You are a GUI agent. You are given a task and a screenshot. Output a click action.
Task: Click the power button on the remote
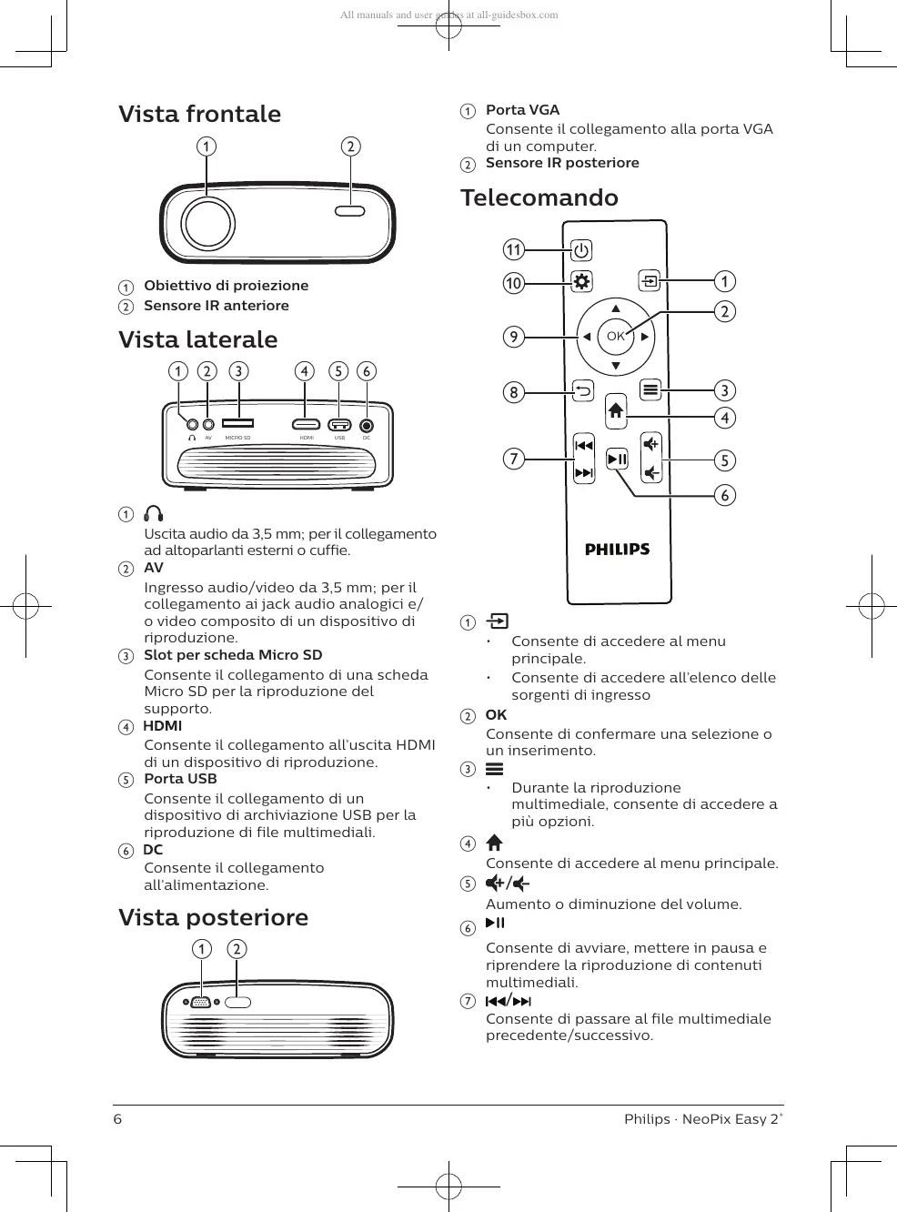coord(581,250)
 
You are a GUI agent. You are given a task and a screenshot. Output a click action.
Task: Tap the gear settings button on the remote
coord(581,281)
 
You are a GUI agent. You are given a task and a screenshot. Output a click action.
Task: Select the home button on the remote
coord(616,410)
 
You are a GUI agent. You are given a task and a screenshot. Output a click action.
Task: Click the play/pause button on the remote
coord(617,460)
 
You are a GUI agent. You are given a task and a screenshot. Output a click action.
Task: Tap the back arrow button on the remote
coord(582,391)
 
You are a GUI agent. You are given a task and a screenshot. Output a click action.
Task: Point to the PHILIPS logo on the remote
coord(617,549)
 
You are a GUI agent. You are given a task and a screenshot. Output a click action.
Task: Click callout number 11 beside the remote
coord(514,249)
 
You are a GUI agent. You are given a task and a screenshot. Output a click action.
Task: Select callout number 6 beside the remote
coord(725,495)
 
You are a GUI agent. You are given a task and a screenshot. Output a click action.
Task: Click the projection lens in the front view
coord(207,223)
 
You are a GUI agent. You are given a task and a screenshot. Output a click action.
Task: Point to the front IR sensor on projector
coord(350,211)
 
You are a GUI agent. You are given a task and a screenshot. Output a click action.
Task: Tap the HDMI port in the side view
coord(306,424)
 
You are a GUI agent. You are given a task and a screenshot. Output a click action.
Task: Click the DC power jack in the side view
coord(367,425)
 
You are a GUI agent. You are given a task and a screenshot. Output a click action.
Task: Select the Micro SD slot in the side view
coord(238,423)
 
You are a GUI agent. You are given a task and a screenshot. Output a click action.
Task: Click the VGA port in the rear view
coord(201,1003)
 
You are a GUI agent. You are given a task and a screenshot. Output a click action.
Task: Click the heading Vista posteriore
coord(214,917)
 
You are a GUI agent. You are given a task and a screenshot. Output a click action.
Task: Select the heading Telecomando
coord(539,197)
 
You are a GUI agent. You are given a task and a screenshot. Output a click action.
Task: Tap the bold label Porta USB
coord(180,779)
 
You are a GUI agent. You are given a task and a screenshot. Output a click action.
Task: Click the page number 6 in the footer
coord(117,1119)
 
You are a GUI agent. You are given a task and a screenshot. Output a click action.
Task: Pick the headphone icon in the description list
coord(154,514)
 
